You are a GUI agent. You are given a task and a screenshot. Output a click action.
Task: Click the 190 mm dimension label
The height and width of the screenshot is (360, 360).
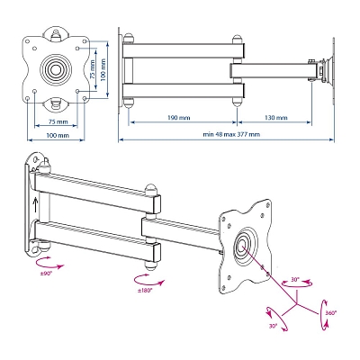179,118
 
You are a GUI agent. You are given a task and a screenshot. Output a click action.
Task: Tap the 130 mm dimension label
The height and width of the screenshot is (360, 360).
276,118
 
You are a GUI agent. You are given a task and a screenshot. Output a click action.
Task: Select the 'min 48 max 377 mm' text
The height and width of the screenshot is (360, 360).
231,134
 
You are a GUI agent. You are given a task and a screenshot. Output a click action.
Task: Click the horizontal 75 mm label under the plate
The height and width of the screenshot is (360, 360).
58,121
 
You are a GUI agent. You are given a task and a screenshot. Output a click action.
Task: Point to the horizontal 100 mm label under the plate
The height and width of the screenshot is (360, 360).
58,135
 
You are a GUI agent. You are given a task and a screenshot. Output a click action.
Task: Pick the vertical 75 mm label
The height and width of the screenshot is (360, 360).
93,69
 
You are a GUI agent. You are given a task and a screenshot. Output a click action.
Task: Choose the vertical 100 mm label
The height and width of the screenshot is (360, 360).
103,69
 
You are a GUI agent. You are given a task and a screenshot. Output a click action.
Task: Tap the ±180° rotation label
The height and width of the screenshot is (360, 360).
145,290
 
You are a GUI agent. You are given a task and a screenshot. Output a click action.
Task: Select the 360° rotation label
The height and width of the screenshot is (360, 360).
331,312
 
